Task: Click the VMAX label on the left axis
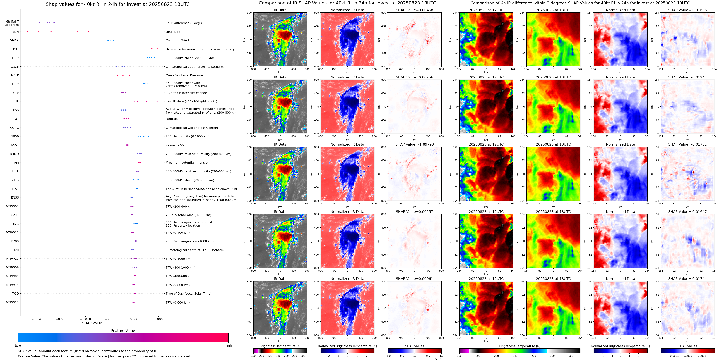pos(15,40)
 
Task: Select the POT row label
pos(16,49)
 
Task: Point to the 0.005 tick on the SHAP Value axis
pos(158,319)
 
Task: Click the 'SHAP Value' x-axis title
pos(92,323)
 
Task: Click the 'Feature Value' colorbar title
pos(123,331)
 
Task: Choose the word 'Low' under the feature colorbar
pos(18,345)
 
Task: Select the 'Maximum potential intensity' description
pos(187,163)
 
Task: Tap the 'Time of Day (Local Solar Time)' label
pos(188,294)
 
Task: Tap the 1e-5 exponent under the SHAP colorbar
pos(438,359)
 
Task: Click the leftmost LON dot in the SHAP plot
pos(27,32)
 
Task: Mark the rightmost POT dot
pos(157,49)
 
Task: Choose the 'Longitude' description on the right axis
pos(173,32)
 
